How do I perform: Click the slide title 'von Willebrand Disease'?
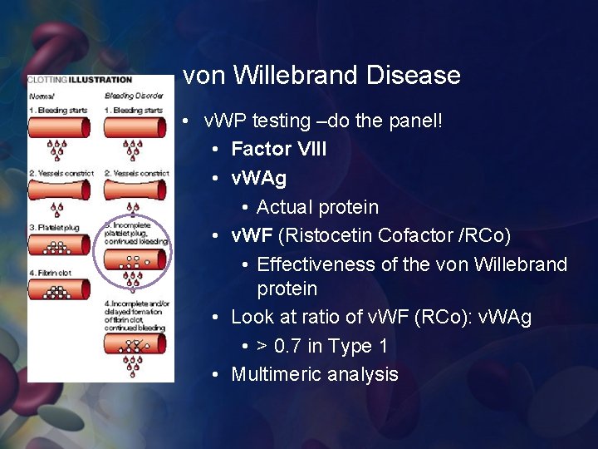coord(321,76)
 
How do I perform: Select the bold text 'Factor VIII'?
coord(278,149)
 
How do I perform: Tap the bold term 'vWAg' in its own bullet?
coord(258,178)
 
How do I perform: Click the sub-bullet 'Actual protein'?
coord(317,207)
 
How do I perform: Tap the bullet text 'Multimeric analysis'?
coord(314,374)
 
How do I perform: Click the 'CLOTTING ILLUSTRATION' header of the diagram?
coord(80,80)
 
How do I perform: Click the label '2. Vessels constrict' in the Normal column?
coord(61,173)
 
